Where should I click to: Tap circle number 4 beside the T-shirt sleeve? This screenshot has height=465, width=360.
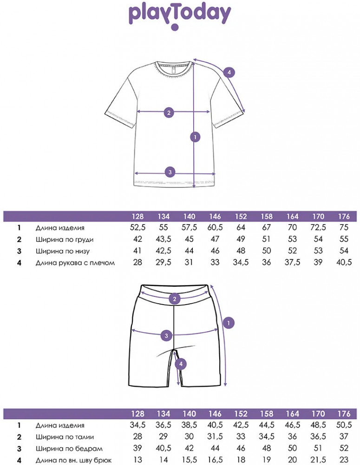tap(228, 73)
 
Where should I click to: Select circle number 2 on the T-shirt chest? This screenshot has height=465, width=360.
tap(169, 112)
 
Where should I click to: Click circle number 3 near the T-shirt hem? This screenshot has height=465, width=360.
tap(170, 172)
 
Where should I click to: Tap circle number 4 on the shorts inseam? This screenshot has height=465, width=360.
tap(182, 364)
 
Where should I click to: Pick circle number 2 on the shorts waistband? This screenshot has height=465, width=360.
tap(175, 299)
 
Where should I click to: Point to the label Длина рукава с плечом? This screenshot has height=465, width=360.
tap(75, 263)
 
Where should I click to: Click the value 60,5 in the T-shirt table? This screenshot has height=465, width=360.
tap(215, 228)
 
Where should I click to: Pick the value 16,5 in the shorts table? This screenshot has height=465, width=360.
tap(215, 460)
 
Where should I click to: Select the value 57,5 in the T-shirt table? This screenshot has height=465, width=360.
tap(189, 228)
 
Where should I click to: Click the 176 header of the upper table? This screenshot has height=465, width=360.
tap(344, 217)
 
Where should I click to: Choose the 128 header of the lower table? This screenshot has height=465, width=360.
tap(137, 414)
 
